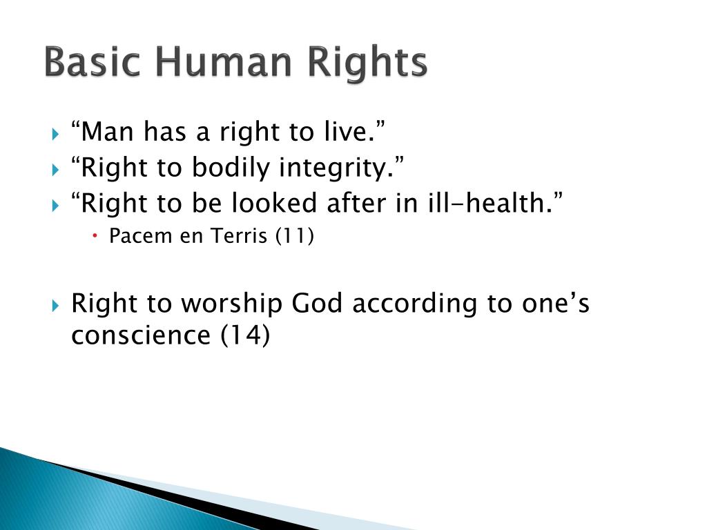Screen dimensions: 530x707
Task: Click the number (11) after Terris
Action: click(x=294, y=237)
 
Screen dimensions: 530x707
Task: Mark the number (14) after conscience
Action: click(x=245, y=335)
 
